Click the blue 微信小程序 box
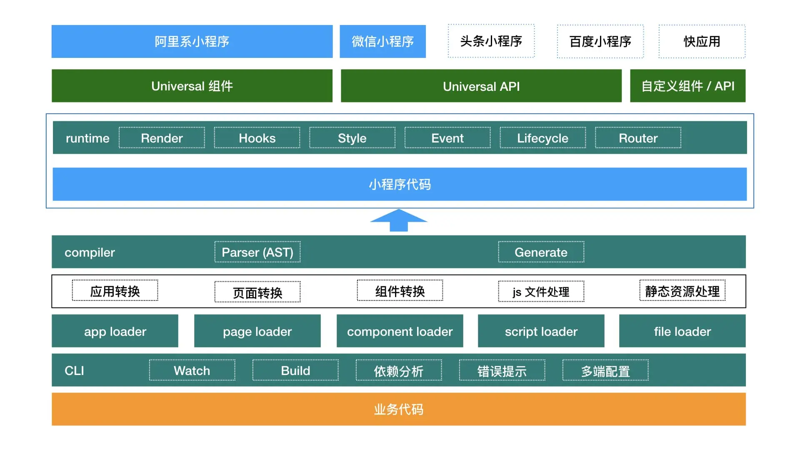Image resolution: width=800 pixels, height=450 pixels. [x=382, y=41]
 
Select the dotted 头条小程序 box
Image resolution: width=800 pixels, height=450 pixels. [x=491, y=41]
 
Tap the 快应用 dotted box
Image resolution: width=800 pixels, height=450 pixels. [x=702, y=41]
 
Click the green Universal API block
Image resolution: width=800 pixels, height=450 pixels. [x=481, y=86]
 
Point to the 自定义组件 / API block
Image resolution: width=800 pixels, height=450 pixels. [x=687, y=86]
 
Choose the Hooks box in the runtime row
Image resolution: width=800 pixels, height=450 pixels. [x=257, y=138]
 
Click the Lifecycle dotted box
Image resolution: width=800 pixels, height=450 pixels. [x=542, y=138]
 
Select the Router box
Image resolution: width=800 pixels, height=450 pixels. [x=638, y=138]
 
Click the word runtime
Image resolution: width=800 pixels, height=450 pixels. [x=87, y=138]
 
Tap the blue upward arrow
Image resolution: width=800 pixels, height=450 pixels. [x=399, y=220]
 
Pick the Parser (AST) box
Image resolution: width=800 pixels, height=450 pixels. [x=257, y=252]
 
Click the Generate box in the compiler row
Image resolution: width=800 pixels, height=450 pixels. [x=541, y=252]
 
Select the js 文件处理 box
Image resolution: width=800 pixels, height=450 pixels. [x=541, y=292]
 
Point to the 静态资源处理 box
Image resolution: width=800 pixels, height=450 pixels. [x=682, y=291]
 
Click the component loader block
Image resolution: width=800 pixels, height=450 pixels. [x=400, y=331]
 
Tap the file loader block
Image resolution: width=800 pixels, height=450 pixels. [x=682, y=331]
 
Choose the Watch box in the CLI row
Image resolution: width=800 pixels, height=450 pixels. [x=192, y=370]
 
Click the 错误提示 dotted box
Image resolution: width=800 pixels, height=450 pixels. [x=502, y=370]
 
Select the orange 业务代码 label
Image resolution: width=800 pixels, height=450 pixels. [x=398, y=409]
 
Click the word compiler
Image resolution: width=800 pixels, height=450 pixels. [x=90, y=252]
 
